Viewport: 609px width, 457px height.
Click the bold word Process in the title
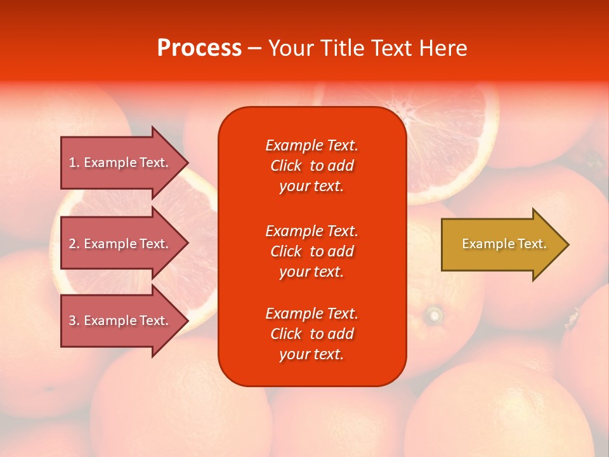tap(199, 48)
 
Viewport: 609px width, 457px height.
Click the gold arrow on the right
tap(501, 244)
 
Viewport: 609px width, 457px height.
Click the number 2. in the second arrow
tap(74, 244)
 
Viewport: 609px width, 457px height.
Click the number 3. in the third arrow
tap(74, 321)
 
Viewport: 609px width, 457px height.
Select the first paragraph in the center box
tap(312, 166)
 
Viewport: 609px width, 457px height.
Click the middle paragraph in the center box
tap(312, 251)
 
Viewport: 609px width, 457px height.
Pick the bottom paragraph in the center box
tap(312, 334)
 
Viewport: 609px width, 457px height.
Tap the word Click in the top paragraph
tap(286, 166)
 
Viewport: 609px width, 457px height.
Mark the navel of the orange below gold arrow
tap(435, 314)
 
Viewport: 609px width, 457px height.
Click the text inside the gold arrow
tap(504, 244)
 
